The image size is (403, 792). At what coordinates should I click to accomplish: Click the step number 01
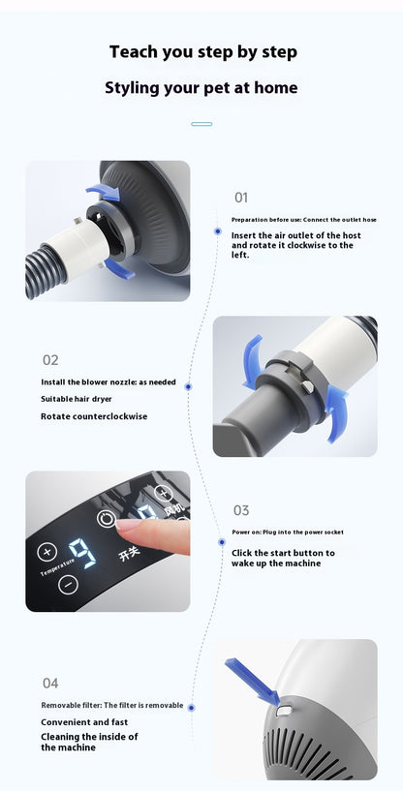(241, 198)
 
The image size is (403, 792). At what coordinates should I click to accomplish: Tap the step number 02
(50, 360)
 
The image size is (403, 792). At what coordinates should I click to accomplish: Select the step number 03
(241, 510)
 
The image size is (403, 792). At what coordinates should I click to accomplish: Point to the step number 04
(50, 684)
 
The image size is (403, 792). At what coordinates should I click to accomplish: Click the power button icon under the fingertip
(107, 519)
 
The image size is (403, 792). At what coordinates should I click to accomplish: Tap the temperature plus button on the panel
(47, 552)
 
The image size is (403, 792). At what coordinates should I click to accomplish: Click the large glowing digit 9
(83, 553)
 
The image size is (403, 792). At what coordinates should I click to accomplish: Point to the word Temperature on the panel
(58, 567)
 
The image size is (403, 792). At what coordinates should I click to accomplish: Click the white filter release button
(284, 711)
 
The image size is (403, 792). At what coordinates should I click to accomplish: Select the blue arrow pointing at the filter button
(252, 682)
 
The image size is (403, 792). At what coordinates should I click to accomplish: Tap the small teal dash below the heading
(201, 124)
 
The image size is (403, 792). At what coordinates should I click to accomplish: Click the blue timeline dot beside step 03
(222, 542)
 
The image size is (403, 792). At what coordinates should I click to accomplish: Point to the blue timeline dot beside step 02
(188, 386)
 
